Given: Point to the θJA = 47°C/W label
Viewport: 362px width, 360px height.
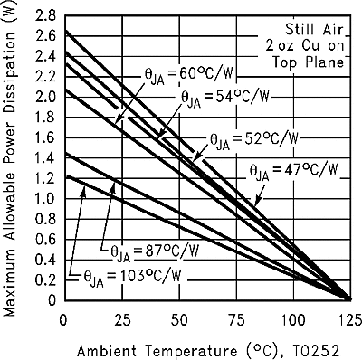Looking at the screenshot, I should [294, 169].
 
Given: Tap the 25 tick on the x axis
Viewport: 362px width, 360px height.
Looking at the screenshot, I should [120, 319].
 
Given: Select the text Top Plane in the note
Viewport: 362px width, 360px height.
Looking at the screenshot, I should [308, 62].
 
